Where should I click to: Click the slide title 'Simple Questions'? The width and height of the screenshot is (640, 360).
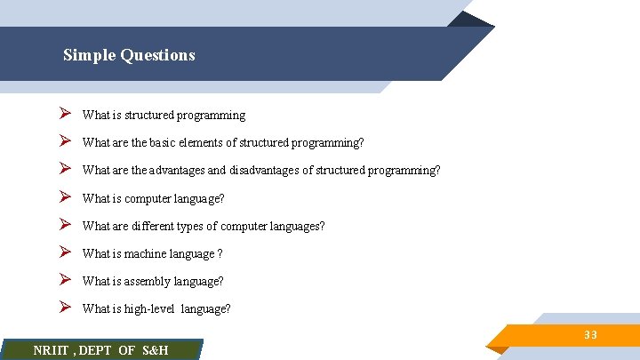(129, 55)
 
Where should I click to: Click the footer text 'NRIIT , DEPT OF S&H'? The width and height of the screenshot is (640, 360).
(100, 350)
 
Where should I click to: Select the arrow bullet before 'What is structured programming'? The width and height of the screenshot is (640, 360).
(64, 115)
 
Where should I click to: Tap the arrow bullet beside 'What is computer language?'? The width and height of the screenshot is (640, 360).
(64, 197)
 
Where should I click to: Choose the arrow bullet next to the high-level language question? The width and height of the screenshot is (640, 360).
(64, 308)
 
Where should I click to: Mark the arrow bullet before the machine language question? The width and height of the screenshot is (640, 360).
(64, 252)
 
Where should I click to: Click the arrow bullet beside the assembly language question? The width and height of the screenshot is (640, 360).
(64, 280)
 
